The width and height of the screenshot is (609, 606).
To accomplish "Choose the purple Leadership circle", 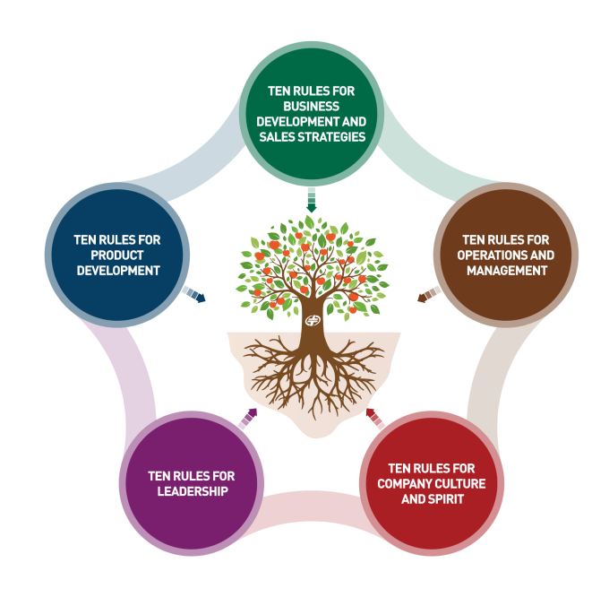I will [191, 483].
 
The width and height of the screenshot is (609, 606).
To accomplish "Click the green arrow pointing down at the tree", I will [311, 199].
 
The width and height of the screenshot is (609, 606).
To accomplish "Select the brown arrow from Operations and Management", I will [427, 294].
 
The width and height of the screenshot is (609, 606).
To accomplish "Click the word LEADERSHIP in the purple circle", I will [190, 491].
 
